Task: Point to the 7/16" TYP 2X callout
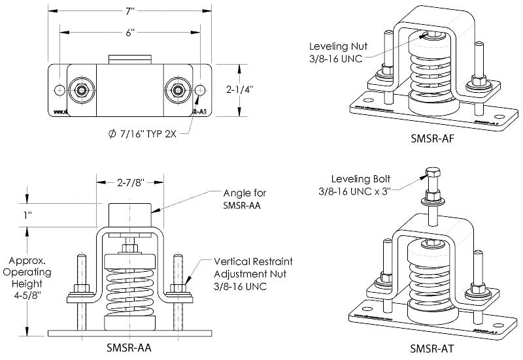pyautogui.click(x=143, y=134)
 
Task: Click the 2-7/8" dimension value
pyautogui.click(x=129, y=185)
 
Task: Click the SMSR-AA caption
pyautogui.click(x=129, y=348)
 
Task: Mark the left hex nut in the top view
pyautogui.click(x=82, y=90)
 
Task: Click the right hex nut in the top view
pyautogui.click(x=177, y=90)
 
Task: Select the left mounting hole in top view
pyautogui.click(x=60, y=90)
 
